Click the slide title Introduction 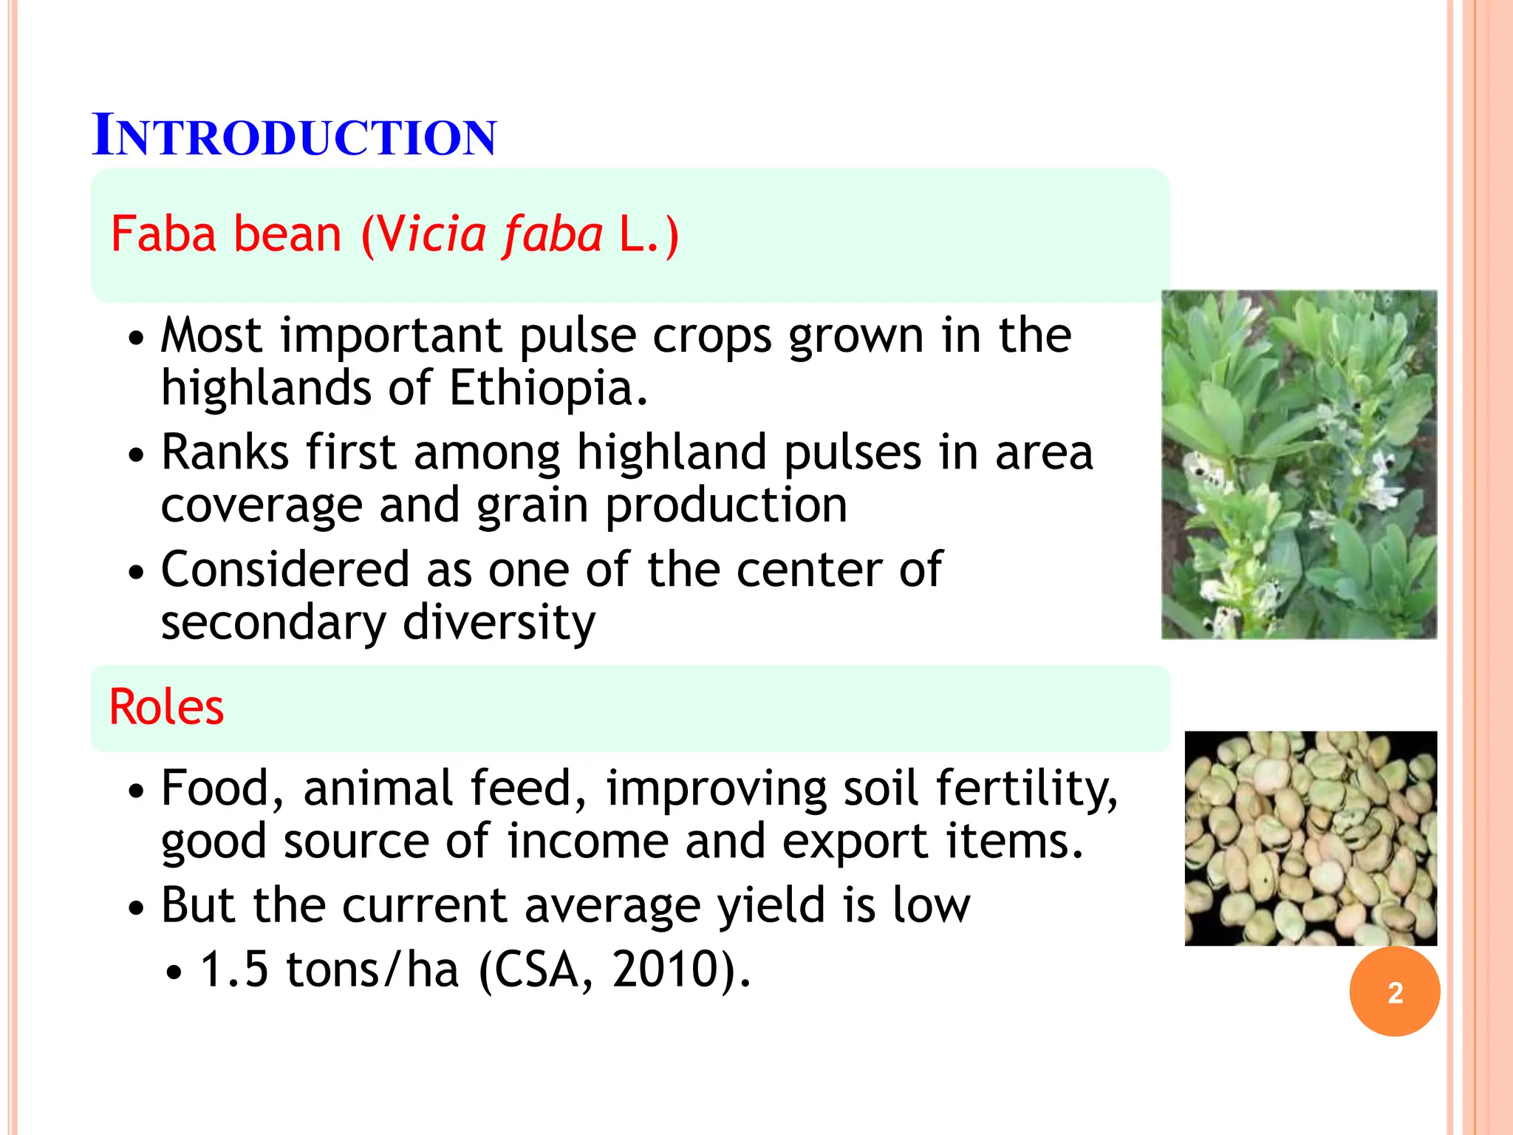294,136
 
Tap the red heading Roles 166,707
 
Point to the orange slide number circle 1394,992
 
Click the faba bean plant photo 1299,464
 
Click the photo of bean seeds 1311,838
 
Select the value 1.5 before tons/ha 234,969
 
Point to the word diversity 499,623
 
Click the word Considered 284,570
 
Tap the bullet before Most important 135,339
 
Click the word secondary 273,623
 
